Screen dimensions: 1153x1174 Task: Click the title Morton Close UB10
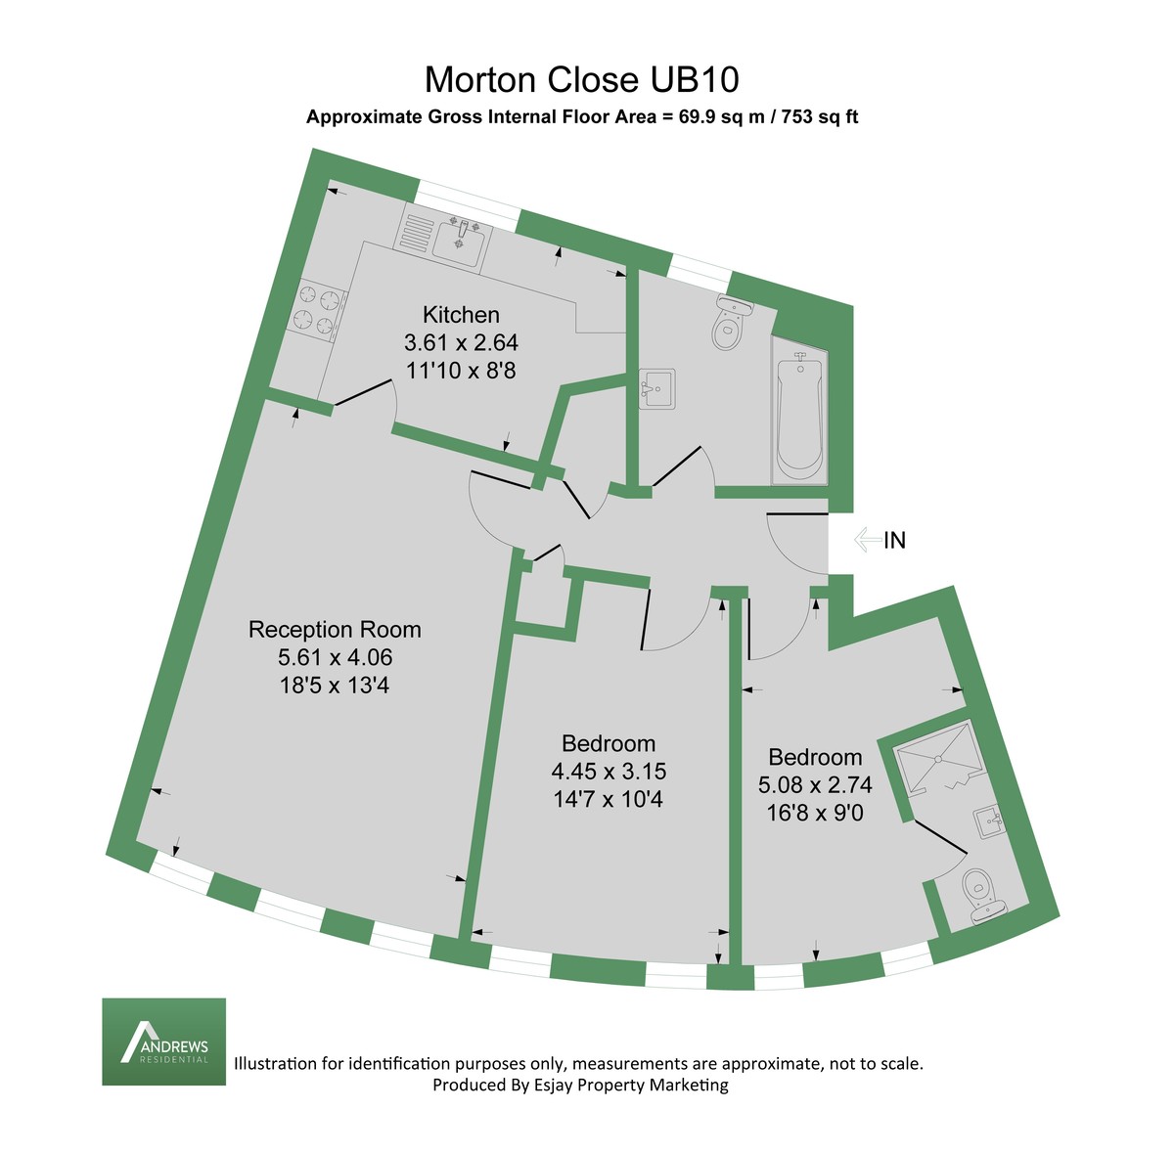tap(582, 78)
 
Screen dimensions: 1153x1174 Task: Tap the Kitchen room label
tap(461, 315)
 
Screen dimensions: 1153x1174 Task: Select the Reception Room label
tap(335, 629)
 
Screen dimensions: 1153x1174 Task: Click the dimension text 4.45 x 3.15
tap(609, 772)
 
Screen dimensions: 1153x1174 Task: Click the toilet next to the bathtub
tap(728, 324)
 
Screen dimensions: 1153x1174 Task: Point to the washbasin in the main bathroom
tap(656, 389)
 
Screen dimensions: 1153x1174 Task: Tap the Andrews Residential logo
tap(164, 1042)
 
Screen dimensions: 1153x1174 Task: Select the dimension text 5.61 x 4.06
tap(335, 658)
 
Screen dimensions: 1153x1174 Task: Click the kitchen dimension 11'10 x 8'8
tap(461, 371)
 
